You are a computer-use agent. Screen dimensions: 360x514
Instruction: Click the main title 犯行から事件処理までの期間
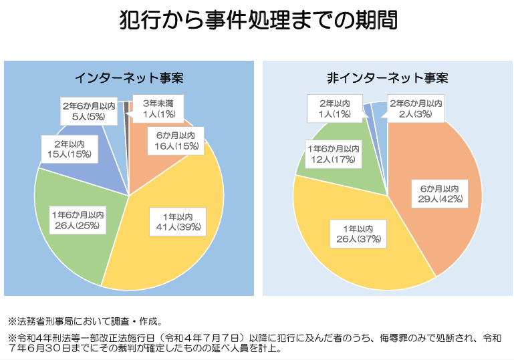tap(257, 20)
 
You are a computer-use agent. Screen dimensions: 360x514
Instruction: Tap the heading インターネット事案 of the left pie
tap(129, 78)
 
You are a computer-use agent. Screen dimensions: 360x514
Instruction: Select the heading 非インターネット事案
tap(388, 78)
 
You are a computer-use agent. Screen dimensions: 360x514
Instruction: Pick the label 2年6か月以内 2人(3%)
tap(415, 109)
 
